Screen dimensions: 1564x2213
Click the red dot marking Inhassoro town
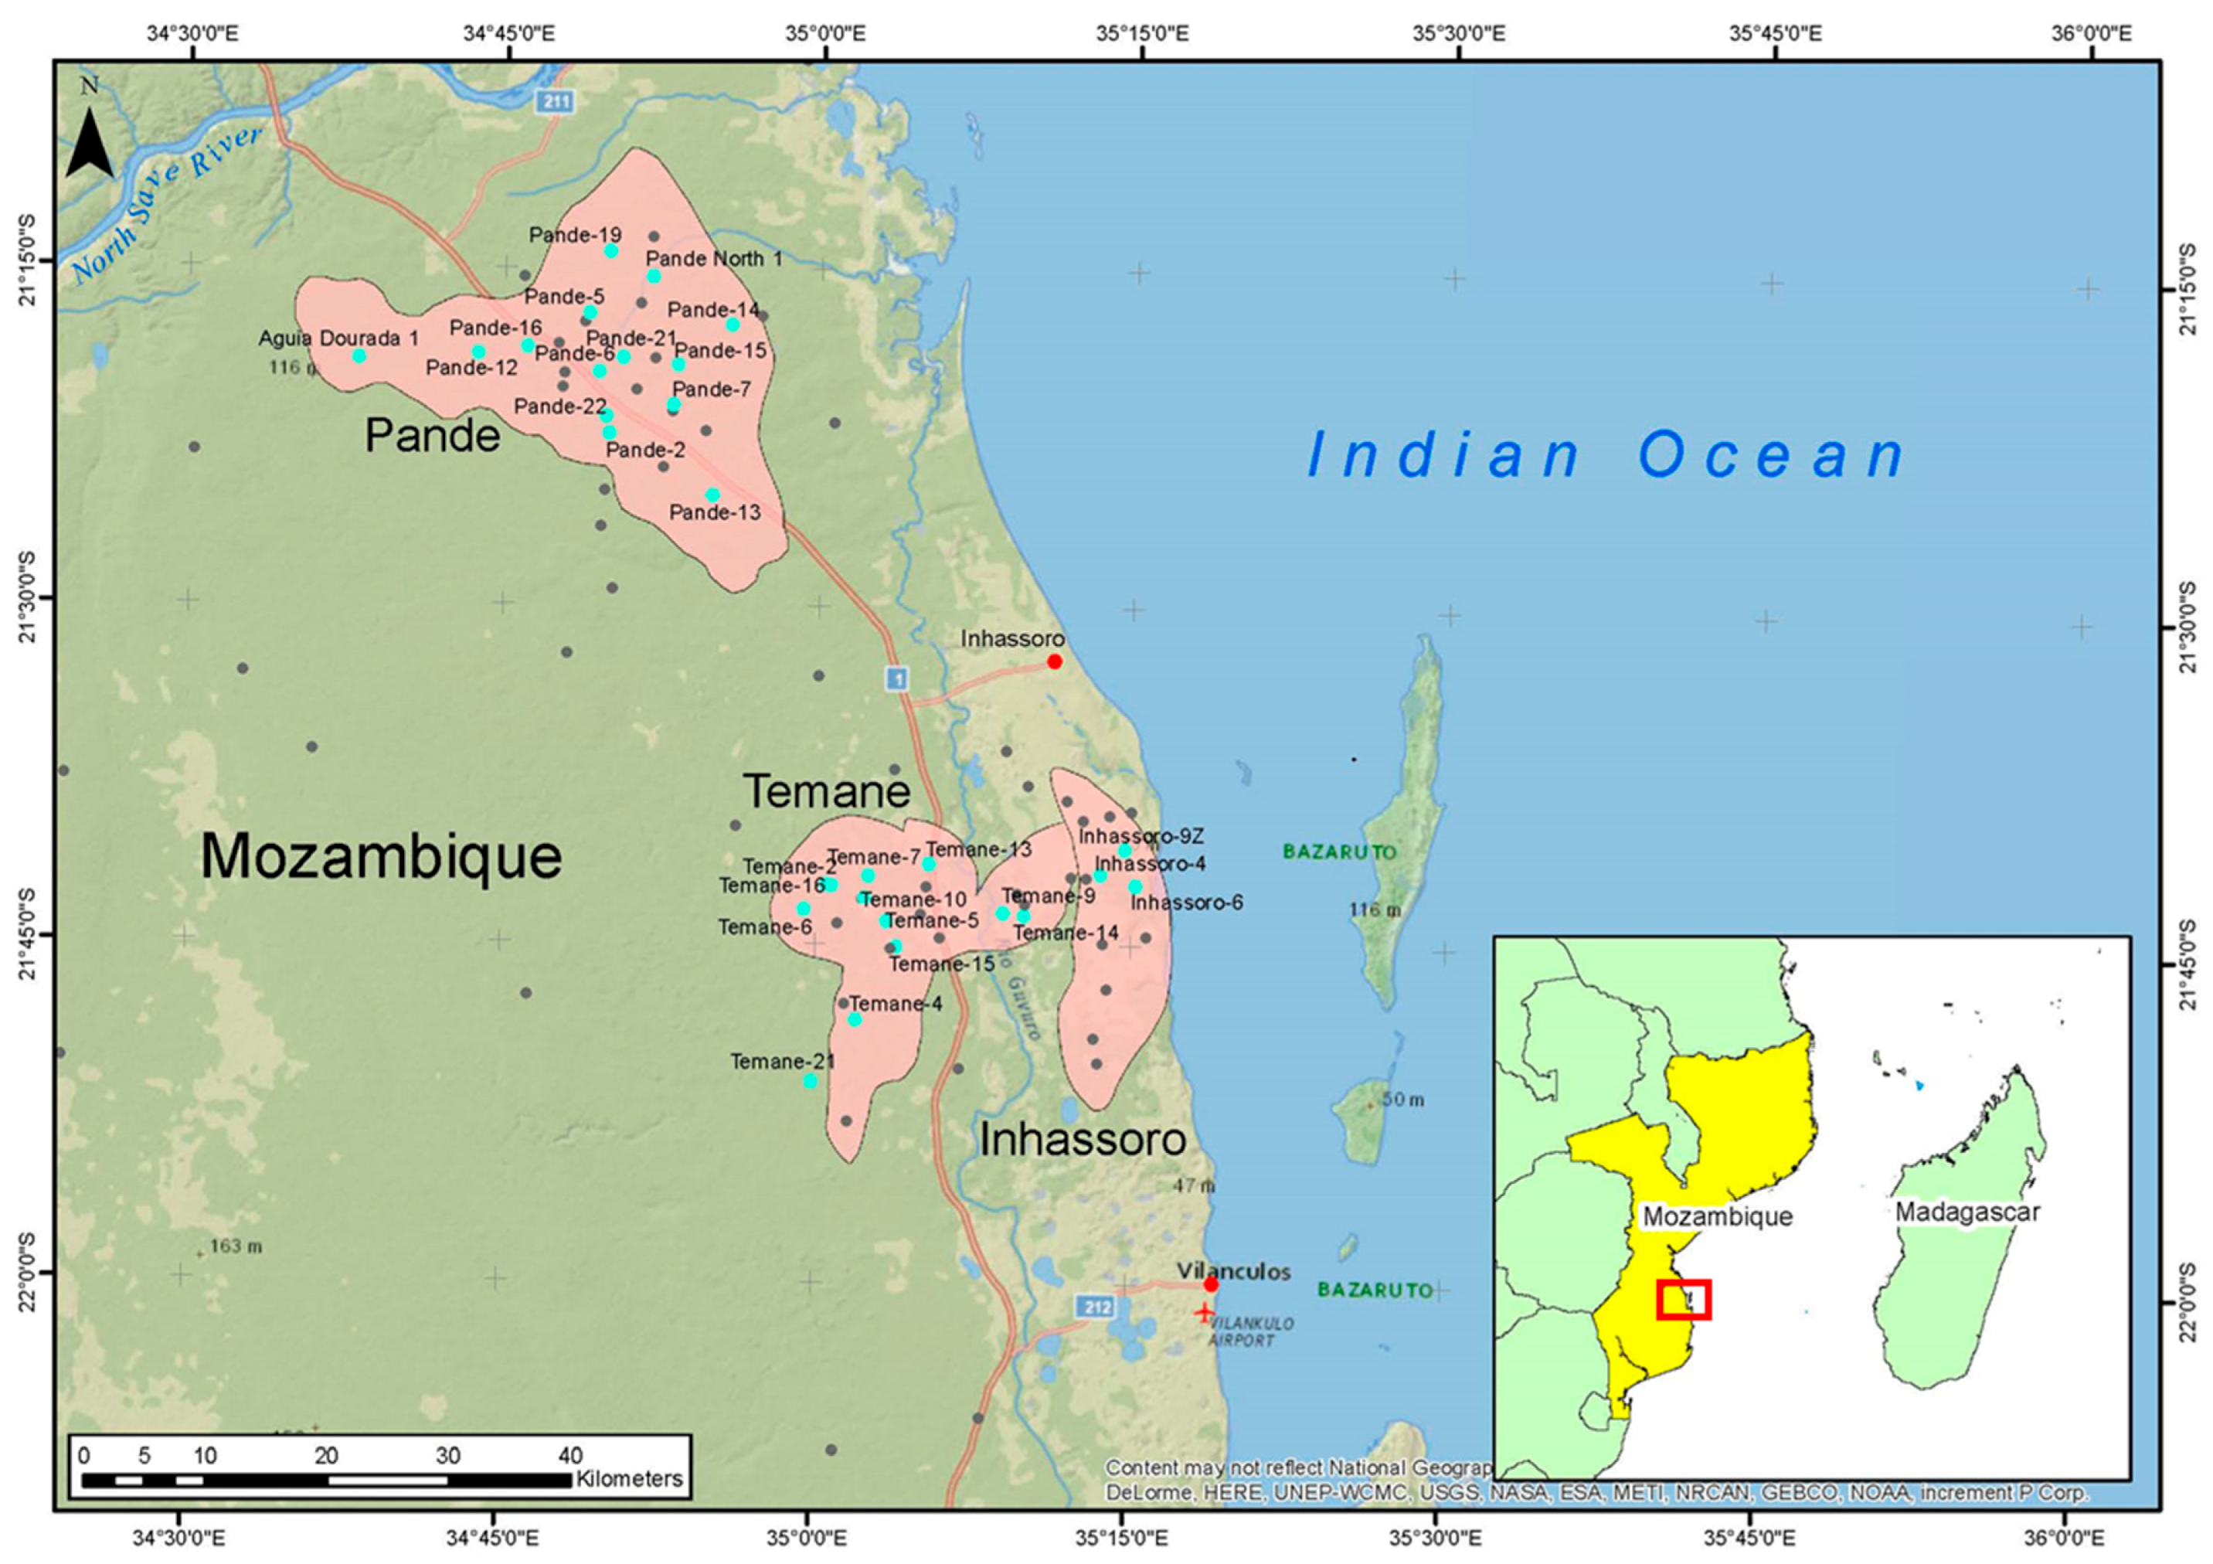pos(1055,661)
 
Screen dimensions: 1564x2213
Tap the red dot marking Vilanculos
pos(1212,1283)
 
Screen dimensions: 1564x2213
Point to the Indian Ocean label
pos(1606,456)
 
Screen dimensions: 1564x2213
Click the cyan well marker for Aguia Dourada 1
pos(359,355)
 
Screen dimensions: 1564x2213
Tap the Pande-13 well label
pos(716,512)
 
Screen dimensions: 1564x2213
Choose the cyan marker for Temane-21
pos(811,1081)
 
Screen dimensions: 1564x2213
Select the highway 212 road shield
pos(1096,1307)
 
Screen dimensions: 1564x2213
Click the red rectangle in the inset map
pos(1684,1299)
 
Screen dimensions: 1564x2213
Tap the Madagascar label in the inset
pos(1967,1212)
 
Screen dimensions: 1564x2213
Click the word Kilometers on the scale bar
pos(630,1479)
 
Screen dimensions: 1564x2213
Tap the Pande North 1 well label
pos(713,258)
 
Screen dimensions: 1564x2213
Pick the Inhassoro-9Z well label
pos(1141,835)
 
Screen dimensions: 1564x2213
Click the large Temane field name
pos(827,792)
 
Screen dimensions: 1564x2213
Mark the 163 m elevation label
pos(235,1246)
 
